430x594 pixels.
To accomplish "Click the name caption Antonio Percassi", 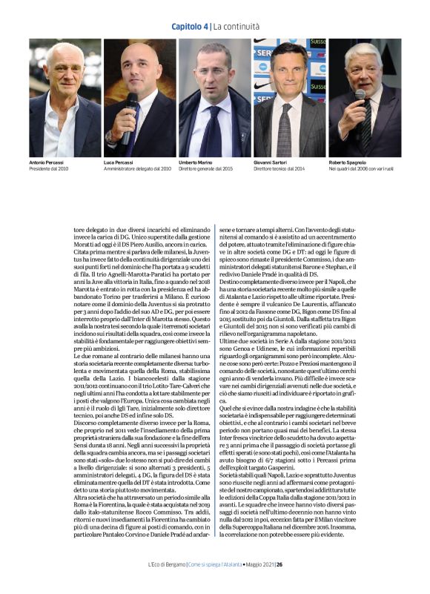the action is coord(47,162).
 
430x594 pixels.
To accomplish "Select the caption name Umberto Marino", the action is coord(196,162).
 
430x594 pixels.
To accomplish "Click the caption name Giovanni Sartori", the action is coord(271,162).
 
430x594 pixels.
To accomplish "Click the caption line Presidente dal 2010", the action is coord(49,168).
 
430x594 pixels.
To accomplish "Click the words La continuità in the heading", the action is coord(235,27).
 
